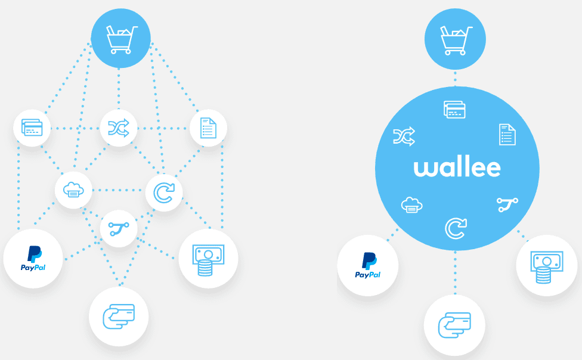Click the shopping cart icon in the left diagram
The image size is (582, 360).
pyautogui.click(x=120, y=39)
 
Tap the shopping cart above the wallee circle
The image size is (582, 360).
pyautogui.click(x=455, y=39)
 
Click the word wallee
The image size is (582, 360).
pyautogui.click(x=457, y=167)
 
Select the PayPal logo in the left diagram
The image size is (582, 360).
pyautogui.click(x=33, y=259)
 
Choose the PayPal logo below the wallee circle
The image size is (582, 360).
pyautogui.click(x=368, y=265)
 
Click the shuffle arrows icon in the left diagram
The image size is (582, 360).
pyautogui.click(x=119, y=128)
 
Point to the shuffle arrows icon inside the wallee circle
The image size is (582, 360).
pyautogui.click(x=404, y=137)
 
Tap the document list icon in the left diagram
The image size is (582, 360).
pyautogui.click(x=208, y=128)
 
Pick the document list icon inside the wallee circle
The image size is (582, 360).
pyautogui.click(x=507, y=135)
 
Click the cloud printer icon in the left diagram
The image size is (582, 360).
pyautogui.click(x=73, y=190)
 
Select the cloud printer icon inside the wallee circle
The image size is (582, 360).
pyautogui.click(x=411, y=206)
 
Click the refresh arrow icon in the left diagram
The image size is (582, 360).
pyautogui.click(x=164, y=193)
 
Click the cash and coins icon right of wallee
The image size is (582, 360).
pyautogui.click(x=546, y=266)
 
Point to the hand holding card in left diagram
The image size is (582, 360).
pyautogui.click(x=119, y=316)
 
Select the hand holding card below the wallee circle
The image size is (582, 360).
pyautogui.click(x=454, y=325)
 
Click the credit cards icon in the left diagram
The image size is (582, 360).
pyautogui.click(x=32, y=128)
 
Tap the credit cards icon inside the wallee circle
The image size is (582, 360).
pyautogui.click(x=454, y=110)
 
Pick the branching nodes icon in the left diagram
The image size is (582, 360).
pyautogui.click(x=119, y=228)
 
